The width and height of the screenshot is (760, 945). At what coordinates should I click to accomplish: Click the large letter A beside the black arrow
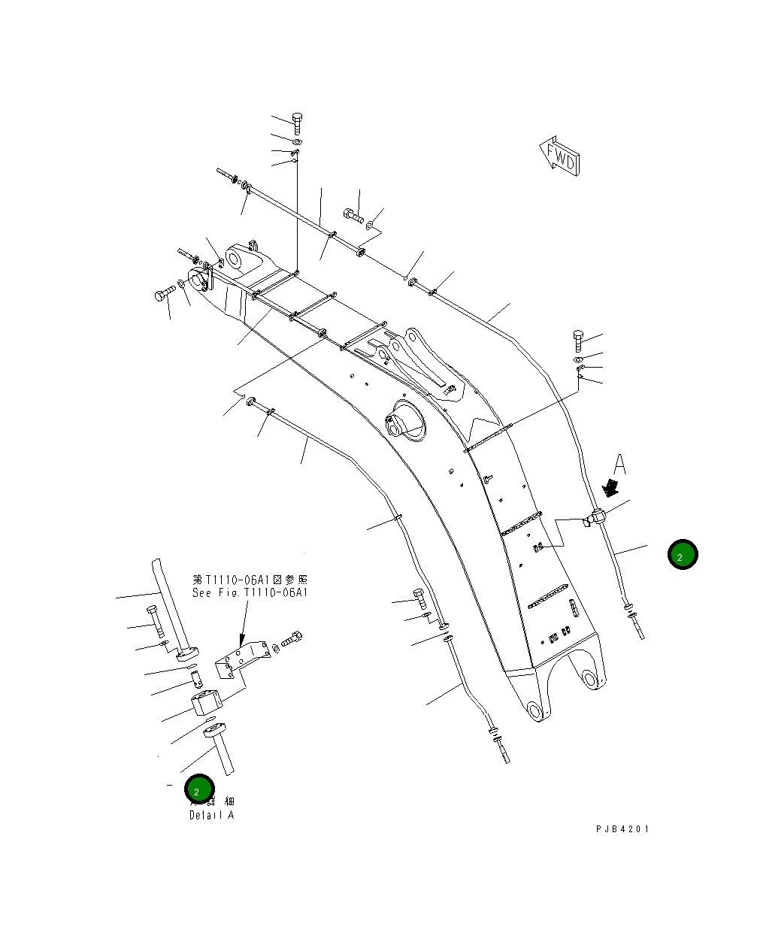[x=619, y=465]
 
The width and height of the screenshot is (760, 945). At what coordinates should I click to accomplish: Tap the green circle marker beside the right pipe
[x=682, y=555]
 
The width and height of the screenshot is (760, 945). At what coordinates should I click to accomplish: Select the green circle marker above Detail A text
[x=199, y=790]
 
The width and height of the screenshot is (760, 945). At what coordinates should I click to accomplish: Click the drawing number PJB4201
[x=622, y=828]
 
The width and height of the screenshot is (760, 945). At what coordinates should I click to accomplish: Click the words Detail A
[x=211, y=815]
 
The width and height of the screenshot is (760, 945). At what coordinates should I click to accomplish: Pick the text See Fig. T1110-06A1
[x=250, y=592]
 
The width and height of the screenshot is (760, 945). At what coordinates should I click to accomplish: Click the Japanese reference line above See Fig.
[x=250, y=580]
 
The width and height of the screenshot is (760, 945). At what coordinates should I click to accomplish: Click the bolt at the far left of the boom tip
[x=164, y=294]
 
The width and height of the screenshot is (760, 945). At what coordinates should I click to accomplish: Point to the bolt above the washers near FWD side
[x=578, y=340]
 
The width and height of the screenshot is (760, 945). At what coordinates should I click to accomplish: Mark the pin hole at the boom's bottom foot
[x=534, y=710]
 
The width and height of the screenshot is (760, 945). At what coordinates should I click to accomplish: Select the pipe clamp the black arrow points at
[x=596, y=517]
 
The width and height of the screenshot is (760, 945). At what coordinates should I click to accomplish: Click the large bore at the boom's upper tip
[x=235, y=259]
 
